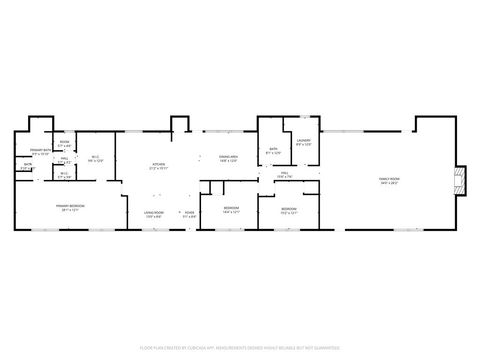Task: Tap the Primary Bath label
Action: tap(41, 150)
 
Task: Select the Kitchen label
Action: tap(158, 164)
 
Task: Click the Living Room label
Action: tap(153, 212)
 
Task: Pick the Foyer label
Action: tap(188, 212)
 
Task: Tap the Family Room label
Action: tap(388, 179)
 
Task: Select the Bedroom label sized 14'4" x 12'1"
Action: tap(231, 208)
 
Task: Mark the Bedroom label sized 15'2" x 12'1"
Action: tap(288, 208)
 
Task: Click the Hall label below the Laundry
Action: tap(284, 173)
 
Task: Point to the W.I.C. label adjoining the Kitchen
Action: tap(96, 156)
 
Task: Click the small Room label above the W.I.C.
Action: tap(64, 142)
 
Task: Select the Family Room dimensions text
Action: tap(388, 183)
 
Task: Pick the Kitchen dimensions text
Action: tap(158, 168)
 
